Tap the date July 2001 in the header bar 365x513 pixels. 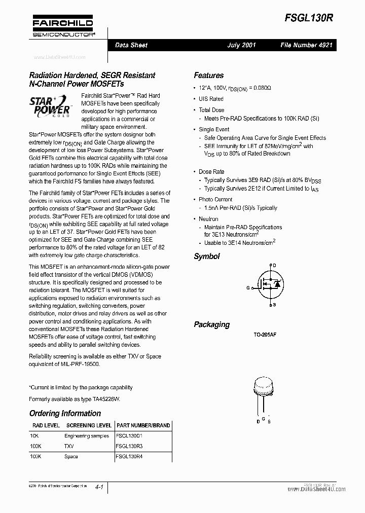(x=242, y=45)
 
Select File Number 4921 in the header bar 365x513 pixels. (x=306, y=45)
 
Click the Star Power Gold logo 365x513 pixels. (x=49, y=107)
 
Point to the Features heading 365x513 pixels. (x=208, y=76)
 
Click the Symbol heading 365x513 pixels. (x=207, y=256)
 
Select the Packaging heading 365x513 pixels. (x=211, y=324)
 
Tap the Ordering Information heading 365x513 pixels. (x=65, y=413)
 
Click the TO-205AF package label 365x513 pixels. (x=265, y=336)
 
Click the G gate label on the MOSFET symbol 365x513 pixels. (x=248, y=287)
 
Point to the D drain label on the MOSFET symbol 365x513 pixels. (x=274, y=266)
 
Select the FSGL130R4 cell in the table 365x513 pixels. (x=129, y=456)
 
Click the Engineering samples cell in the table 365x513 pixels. (x=86, y=436)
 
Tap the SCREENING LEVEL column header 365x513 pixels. (x=89, y=425)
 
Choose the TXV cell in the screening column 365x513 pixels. (x=69, y=446)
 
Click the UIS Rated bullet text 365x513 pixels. (x=211, y=99)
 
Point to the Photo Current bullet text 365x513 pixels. (x=215, y=199)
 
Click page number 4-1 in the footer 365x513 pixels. (x=99, y=487)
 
